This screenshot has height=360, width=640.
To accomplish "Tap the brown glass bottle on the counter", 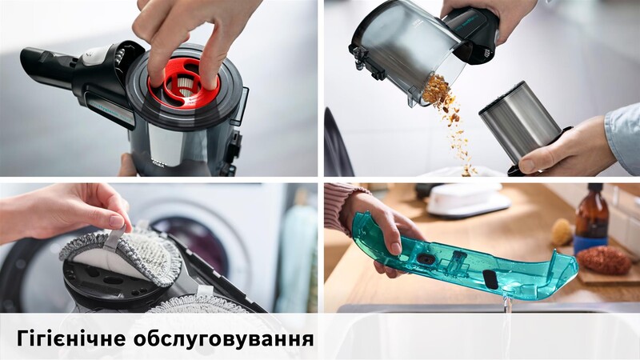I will tap(591, 220).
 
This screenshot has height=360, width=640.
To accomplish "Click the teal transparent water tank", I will tap(480, 260).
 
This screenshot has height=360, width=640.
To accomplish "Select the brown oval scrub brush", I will tap(604, 260).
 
